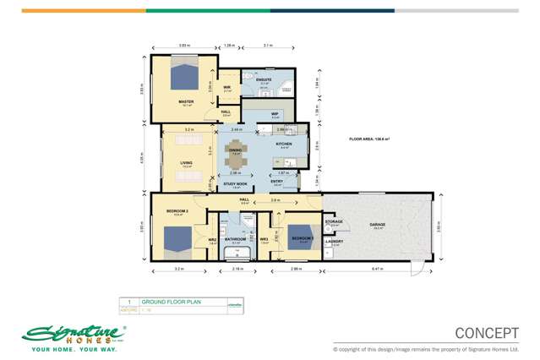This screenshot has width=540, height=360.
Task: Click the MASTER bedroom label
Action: coord(186,101)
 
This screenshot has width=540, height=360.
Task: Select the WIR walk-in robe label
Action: coord(226,88)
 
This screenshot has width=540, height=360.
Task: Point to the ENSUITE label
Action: coord(264,79)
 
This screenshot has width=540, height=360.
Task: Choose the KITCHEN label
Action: coord(283,145)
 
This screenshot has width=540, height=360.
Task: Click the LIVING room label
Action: coord(186,164)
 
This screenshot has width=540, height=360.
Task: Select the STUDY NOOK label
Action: coord(235,183)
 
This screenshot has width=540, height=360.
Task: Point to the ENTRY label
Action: coord(276,181)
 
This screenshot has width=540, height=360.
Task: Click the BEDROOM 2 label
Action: coord(178,211)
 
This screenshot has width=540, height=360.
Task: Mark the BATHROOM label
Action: coord(235,239)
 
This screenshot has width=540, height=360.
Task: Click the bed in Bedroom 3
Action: coord(299,236)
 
